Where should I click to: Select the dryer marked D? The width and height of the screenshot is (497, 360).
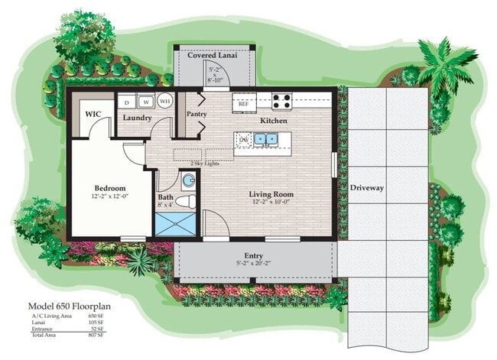pos(126,101)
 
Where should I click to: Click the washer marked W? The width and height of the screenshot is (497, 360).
pos(145,101)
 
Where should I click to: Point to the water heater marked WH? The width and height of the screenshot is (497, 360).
pos(164,100)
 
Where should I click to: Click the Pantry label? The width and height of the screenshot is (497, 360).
pos(197,114)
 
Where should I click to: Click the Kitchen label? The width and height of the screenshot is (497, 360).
pos(273,121)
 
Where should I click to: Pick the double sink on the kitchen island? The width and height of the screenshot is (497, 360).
pos(265,139)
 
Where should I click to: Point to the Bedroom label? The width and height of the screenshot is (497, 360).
pos(110,187)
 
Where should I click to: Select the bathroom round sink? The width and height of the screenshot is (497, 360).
pos(187,180)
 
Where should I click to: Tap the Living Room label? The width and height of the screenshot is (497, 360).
pos(271,194)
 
